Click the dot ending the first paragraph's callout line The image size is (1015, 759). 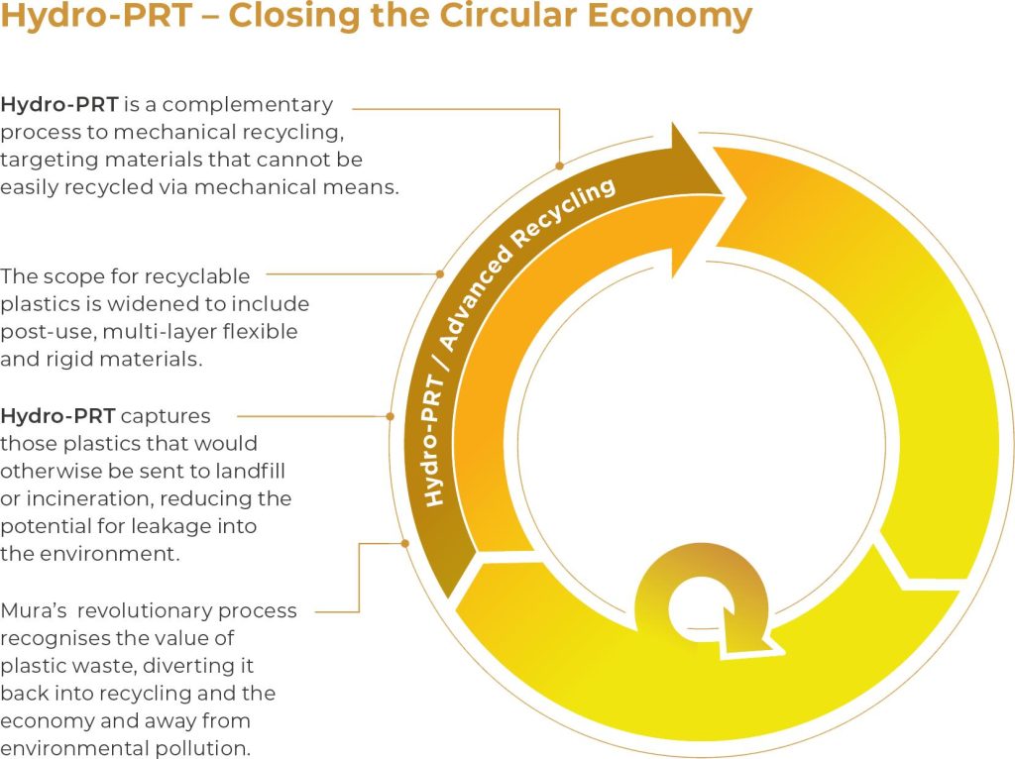tap(560, 165)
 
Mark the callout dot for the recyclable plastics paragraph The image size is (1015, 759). tap(440, 273)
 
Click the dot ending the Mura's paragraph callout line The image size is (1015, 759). tap(405, 542)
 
